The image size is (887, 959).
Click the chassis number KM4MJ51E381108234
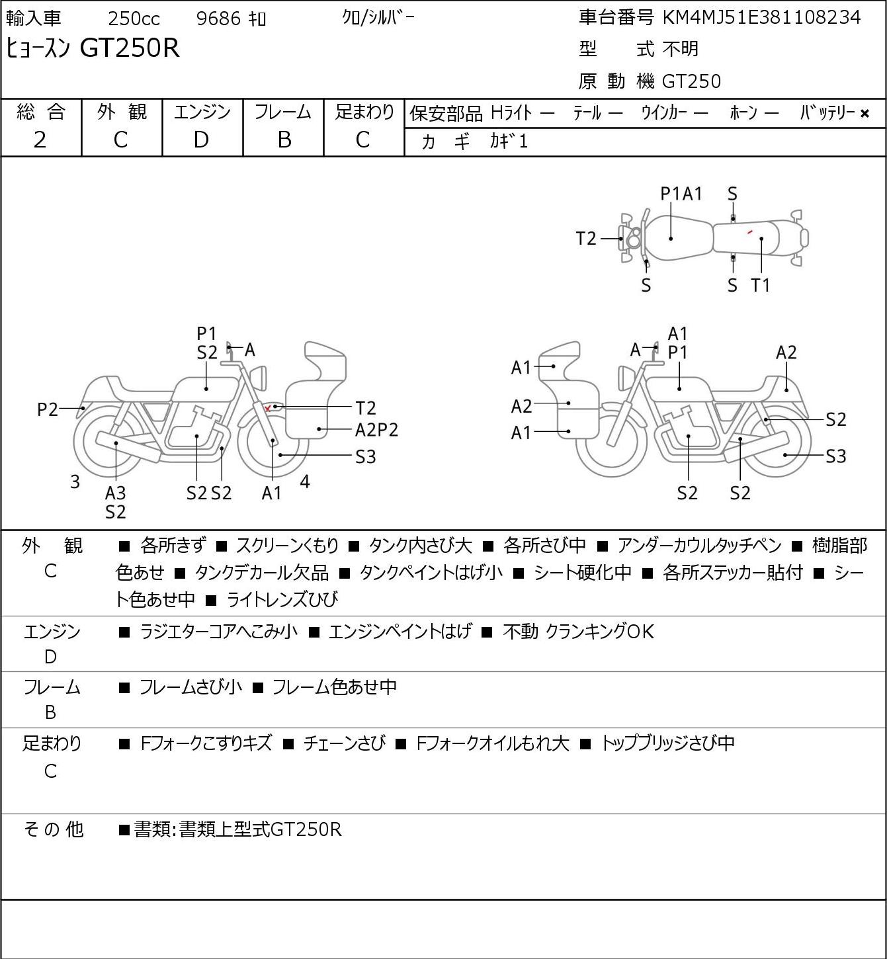pos(761,18)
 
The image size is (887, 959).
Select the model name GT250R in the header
pos(130,48)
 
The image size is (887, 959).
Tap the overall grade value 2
pos(40,140)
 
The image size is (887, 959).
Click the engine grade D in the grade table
pos(202,140)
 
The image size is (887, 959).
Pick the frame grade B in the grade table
pos(284,140)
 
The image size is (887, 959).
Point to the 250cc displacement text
pos(134,19)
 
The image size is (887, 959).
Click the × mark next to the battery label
pos(865,114)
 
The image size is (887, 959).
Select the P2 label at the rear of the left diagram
pos(48,409)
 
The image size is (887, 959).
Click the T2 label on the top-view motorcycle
pos(586,239)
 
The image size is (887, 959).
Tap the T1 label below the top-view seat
pos(760,285)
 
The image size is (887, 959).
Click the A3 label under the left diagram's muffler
pos(116,493)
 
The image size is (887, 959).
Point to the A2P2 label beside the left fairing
pos(376,430)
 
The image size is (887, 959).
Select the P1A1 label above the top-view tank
pos(681,194)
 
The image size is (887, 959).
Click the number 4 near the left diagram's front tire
pos(305,481)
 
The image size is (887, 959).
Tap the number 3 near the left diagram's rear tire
pos(75,481)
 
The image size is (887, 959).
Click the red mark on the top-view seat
pos(749,232)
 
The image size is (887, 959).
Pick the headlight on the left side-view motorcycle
pos(259,378)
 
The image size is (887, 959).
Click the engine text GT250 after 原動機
pos(691,81)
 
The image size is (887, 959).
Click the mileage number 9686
pos(218,19)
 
